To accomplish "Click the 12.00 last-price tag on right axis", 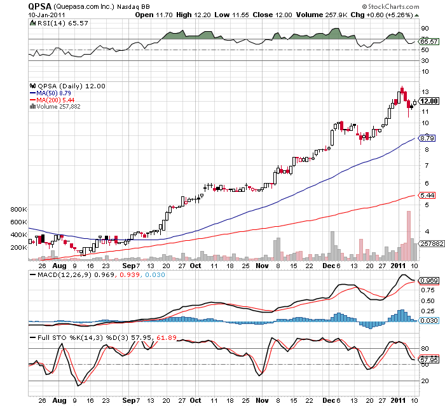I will click(429, 100).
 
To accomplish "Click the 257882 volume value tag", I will click(429, 244).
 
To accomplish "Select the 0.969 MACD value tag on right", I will click(429, 280).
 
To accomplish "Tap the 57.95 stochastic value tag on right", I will click(429, 360).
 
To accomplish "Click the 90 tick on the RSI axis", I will click(425, 29).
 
